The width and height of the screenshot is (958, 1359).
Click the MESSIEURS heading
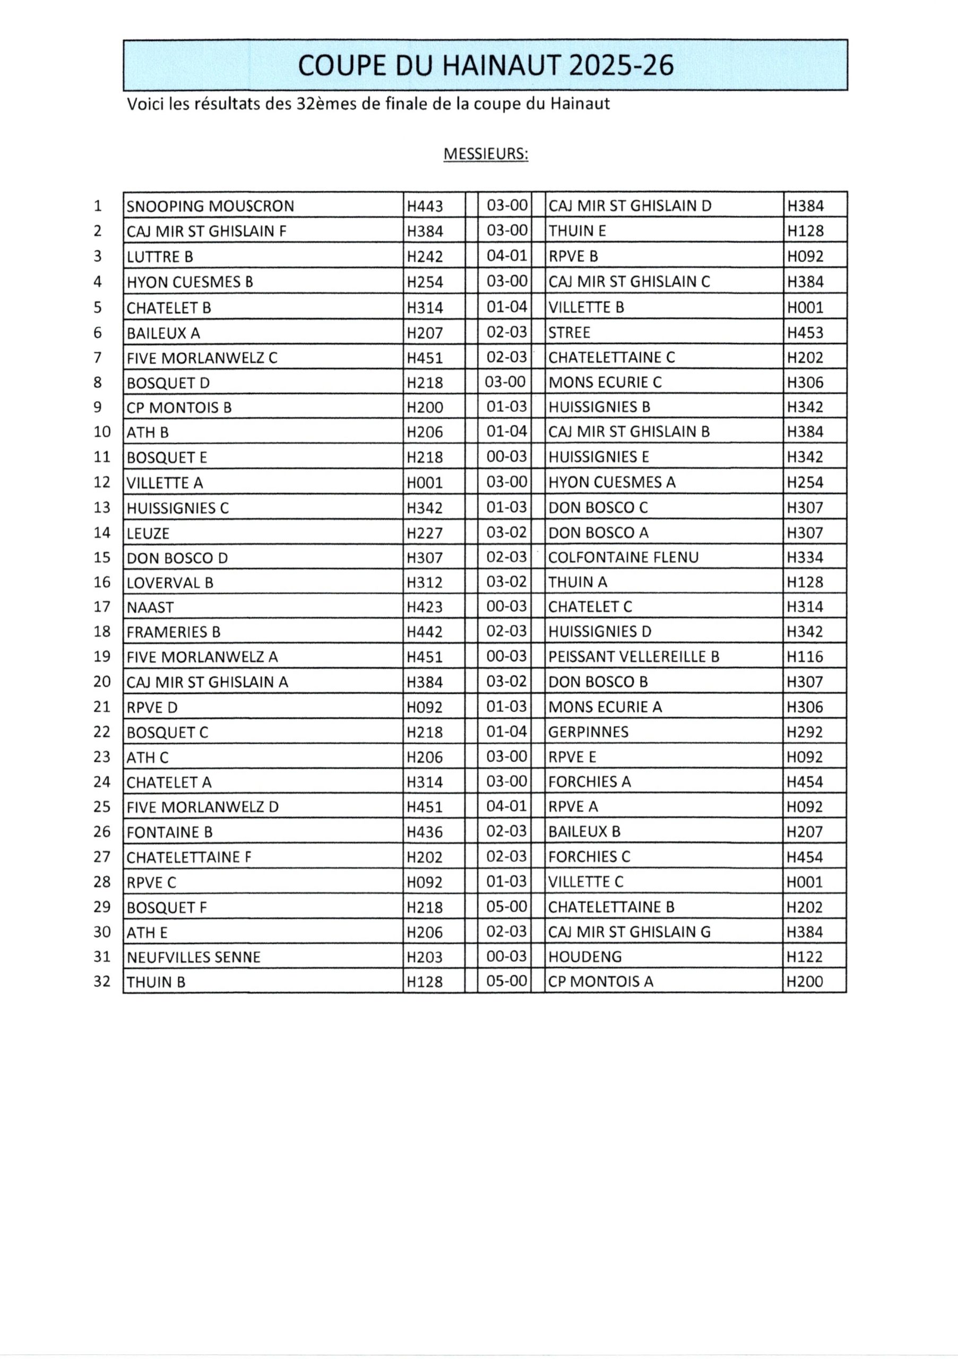point(485,154)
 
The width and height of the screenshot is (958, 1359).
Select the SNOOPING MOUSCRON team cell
point(210,206)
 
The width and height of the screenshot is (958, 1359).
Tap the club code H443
point(425,206)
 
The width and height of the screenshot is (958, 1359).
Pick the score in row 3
point(506,256)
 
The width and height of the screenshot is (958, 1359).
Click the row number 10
point(102,432)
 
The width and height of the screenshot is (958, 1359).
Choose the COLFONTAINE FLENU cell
point(623,557)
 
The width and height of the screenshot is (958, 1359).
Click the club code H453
point(805,333)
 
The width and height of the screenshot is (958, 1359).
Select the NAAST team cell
point(150,607)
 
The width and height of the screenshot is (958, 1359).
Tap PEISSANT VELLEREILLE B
point(633,657)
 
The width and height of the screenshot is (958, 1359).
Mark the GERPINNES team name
point(588,732)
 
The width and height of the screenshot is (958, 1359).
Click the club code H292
point(805,732)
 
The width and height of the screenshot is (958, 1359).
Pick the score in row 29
point(506,907)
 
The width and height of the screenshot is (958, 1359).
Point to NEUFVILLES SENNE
point(194,957)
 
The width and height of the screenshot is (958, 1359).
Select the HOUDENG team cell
point(585,957)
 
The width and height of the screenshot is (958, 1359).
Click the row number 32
point(102,982)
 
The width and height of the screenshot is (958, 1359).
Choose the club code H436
point(425,832)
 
